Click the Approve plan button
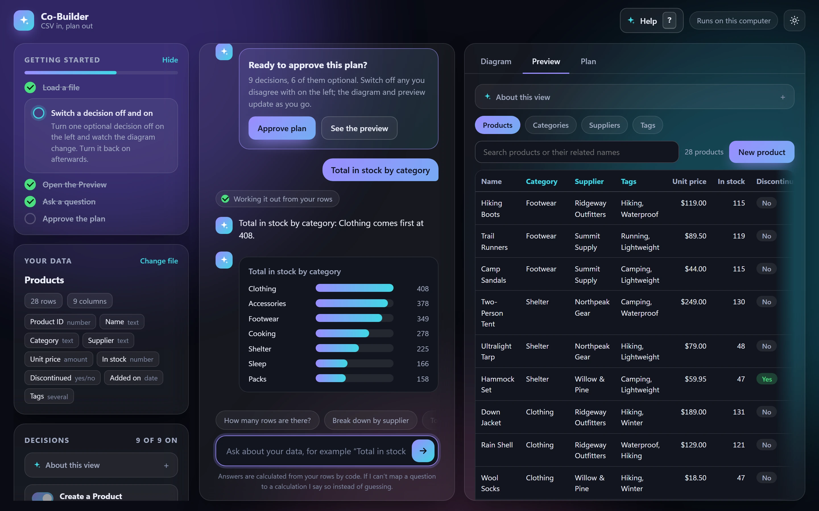click(282, 128)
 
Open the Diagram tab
click(496, 62)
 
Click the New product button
click(762, 152)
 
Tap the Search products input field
click(577, 152)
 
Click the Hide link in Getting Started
click(170, 60)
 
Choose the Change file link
click(159, 261)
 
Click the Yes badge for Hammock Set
click(767, 379)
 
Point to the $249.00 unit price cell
click(693, 302)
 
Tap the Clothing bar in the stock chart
click(354, 288)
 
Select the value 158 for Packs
click(423, 379)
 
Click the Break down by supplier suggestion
click(371, 420)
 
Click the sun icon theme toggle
click(794, 21)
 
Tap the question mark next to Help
click(669, 21)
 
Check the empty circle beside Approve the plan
click(30, 219)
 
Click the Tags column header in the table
click(628, 181)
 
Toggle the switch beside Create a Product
click(43, 497)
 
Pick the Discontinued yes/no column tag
click(63, 378)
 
